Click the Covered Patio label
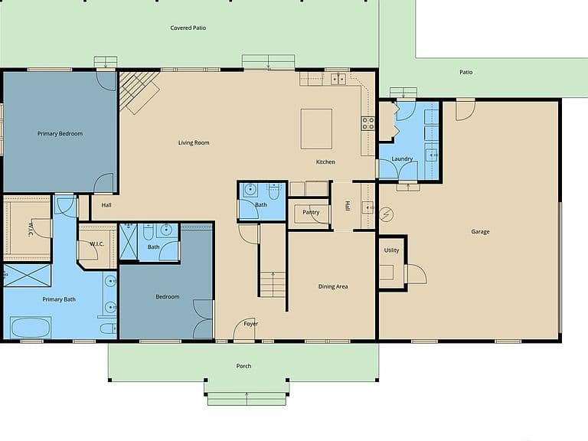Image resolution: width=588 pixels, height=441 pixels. pyautogui.click(x=188, y=28)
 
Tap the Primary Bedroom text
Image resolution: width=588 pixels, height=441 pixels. pyautogui.click(x=60, y=133)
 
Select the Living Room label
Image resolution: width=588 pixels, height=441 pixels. pyautogui.click(x=194, y=142)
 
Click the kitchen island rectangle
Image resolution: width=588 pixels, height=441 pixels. pyautogui.click(x=316, y=129)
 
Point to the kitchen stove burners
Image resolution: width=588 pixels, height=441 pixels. pyautogui.click(x=367, y=123)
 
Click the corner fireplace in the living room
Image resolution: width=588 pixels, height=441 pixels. pyautogui.click(x=139, y=92)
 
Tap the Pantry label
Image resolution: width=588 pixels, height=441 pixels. pyautogui.click(x=311, y=212)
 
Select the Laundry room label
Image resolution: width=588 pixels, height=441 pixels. pyautogui.click(x=402, y=159)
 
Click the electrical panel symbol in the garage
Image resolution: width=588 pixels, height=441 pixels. pyautogui.click(x=386, y=214)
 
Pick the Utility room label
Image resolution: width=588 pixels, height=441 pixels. pyautogui.click(x=391, y=250)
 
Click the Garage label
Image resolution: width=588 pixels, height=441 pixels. pyautogui.click(x=480, y=232)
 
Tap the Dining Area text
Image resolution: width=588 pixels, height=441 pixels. pyautogui.click(x=333, y=286)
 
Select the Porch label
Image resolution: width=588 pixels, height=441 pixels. pyautogui.click(x=243, y=366)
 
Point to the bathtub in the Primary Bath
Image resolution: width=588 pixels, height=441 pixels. pyautogui.click(x=31, y=328)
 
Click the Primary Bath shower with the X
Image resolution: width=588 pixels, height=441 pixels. pyautogui.click(x=27, y=276)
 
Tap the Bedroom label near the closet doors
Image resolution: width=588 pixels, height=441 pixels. pyautogui.click(x=167, y=296)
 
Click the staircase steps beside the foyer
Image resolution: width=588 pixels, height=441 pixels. pyautogui.click(x=273, y=284)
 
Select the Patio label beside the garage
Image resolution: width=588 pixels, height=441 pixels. pyautogui.click(x=466, y=72)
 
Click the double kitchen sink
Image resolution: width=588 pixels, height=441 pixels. pyautogui.click(x=338, y=79)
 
